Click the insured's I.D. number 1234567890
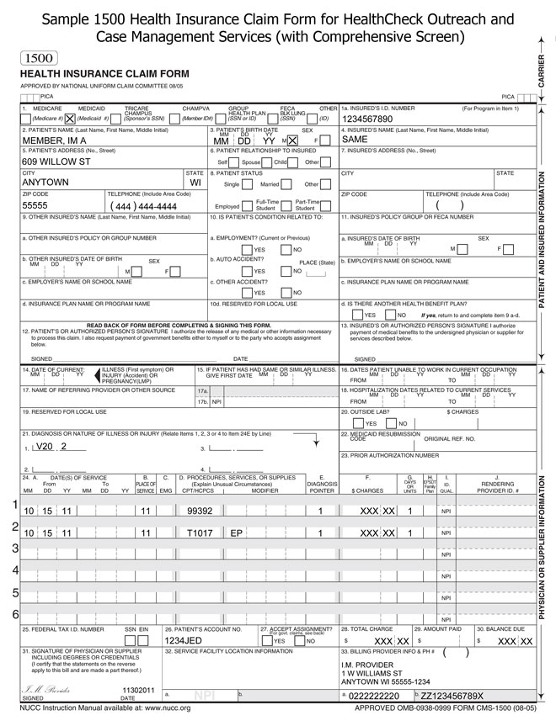pos(369,119)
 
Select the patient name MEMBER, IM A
pos(56,140)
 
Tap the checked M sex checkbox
pos(292,140)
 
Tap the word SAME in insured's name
pos(355,140)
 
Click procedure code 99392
pos(200,511)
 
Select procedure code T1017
pos(200,533)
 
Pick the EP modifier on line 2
pos(237,533)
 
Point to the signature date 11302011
pos(139,689)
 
